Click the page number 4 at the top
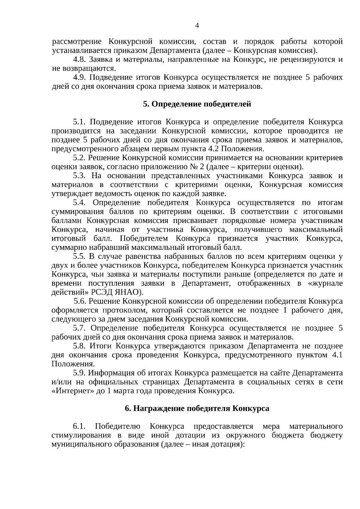(197, 25)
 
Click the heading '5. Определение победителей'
(197, 104)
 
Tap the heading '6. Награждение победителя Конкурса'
(197, 409)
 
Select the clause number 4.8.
(79, 59)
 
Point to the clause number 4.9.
(79, 77)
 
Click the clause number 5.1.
(79, 122)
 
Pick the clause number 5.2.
(79, 158)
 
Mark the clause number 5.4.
(79, 203)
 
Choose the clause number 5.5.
(79, 256)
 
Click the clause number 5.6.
(80, 301)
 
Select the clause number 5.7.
(79, 328)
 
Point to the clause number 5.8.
(79, 346)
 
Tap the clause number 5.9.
(79, 373)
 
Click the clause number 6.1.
(79, 427)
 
